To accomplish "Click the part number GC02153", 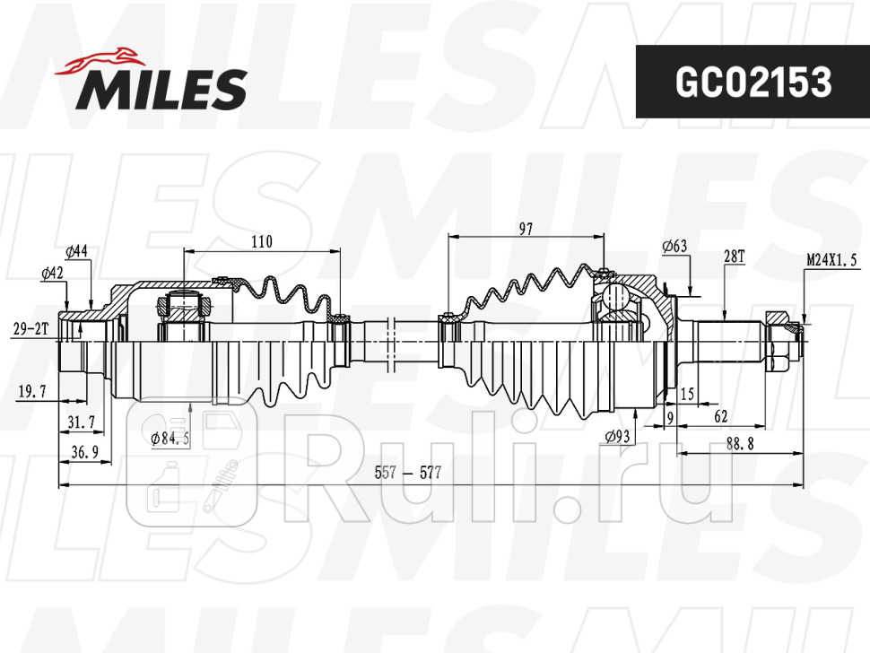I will coord(753,82).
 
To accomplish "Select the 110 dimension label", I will coord(261,241).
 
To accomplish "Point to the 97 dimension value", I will coord(526,229).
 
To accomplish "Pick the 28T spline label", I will coord(734,257).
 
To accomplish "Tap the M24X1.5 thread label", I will coord(831,260).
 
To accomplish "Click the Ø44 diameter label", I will coord(76,251).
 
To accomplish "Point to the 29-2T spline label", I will coord(30,330).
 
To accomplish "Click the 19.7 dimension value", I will coord(32,391).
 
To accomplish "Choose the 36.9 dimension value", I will coord(83,453).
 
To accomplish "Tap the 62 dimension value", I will coord(720,416).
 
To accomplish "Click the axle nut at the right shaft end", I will coord(778,339).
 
